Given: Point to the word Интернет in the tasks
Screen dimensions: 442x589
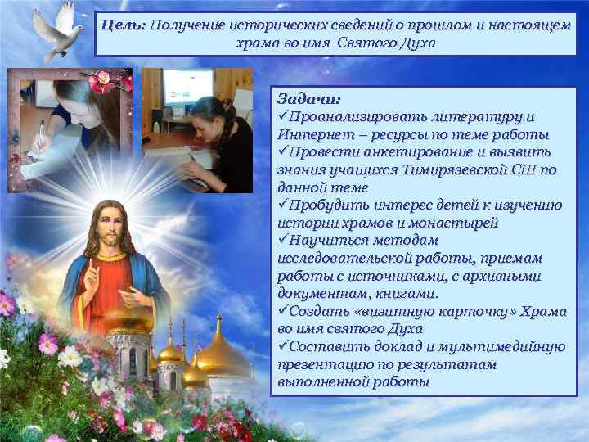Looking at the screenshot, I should (x=310, y=133).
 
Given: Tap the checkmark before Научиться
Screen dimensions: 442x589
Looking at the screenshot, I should (x=283, y=240).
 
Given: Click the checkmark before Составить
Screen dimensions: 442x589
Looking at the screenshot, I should (x=283, y=346).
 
